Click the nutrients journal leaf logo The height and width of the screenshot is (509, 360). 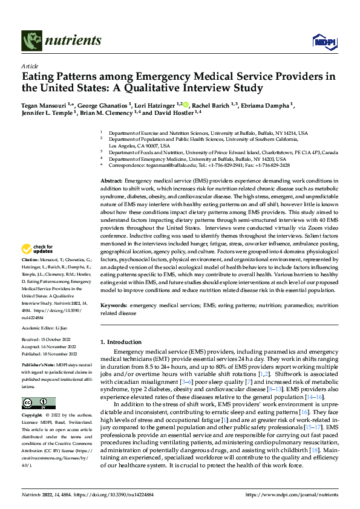tap(31, 41)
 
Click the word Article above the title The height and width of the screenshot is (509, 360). tap(30, 66)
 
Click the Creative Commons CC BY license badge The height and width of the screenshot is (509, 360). tap(38, 403)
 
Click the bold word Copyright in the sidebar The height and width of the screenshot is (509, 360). tap(32, 417)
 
